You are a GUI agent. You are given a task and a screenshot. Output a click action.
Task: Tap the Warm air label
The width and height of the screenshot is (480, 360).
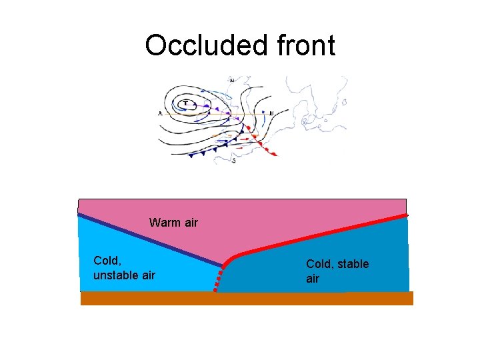point(173,223)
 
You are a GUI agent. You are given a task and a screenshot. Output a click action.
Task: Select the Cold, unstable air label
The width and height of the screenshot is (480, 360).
point(124,267)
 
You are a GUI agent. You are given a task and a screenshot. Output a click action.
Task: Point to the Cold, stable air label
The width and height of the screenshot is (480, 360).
point(337,271)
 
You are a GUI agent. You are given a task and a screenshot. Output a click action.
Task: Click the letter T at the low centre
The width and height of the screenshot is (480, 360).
point(185,103)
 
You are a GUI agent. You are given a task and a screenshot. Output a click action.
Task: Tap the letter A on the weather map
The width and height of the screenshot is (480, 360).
point(160,113)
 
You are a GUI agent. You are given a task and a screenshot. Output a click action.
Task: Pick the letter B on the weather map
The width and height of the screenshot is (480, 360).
point(271,113)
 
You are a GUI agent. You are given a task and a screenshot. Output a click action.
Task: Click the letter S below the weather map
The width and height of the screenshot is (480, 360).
point(233,161)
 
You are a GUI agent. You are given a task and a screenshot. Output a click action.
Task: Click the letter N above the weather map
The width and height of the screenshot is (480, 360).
point(231,80)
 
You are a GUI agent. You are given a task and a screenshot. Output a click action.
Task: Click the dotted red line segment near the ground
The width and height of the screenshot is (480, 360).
point(217,281)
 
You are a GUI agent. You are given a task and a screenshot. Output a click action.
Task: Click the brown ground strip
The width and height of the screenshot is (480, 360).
point(247,298)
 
